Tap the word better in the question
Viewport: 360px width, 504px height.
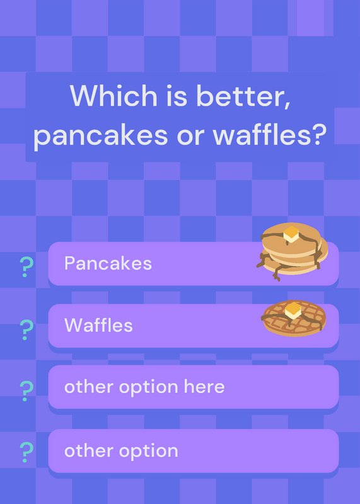coord(243,96)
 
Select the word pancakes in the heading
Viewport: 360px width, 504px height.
coord(101,135)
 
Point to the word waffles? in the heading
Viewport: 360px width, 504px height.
coord(269,134)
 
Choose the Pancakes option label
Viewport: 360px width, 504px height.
coord(108,263)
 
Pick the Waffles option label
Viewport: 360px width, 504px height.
coord(99,325)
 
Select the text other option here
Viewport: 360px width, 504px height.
coord(144,387)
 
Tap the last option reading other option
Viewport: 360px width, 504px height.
coord(121,450)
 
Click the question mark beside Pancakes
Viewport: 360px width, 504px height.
coord(26,266)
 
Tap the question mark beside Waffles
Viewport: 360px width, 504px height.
coord(26,329)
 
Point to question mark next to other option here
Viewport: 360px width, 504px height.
coord(26,391)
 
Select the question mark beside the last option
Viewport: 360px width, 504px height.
coord(26,452)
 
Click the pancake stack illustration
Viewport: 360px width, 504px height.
coord(292,251)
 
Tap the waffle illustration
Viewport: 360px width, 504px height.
coord(293,318)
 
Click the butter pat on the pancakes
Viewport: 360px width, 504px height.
coord(291,234)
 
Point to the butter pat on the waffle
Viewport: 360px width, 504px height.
coord(293,310)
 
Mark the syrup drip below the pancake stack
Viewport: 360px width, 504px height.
coord(277,274)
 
